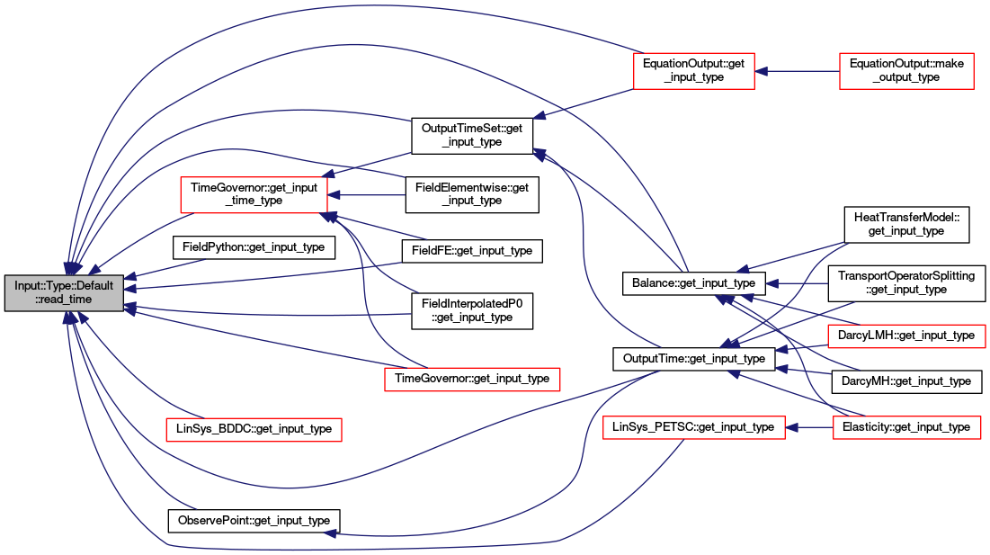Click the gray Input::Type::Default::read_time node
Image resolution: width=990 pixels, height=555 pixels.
tap(64, 292)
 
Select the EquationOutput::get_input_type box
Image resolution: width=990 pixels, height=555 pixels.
tap(693, 71)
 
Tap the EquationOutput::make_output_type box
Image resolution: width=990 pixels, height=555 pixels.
tap(906, 71)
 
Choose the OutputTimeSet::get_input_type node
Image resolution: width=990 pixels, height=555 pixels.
tap(472, 135)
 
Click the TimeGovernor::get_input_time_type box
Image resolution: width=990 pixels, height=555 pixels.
tap(254, 194)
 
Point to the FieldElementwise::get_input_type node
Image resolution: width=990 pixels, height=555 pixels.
tap(472, 194)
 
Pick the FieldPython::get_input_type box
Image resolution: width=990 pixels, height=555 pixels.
tap(254, 246)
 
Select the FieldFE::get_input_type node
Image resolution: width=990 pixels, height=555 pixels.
tap(472, 251)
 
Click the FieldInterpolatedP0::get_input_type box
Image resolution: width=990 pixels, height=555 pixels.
tap(472, 310)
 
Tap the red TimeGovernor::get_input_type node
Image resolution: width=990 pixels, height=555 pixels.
tap(472, 379)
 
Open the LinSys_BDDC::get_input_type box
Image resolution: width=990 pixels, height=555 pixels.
tap(254, 429)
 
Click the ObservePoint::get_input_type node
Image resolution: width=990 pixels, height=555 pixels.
tap(254, 521)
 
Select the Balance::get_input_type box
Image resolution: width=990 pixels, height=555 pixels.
tap(693, 283)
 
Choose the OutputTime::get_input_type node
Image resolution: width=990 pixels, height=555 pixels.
tap(693, 359)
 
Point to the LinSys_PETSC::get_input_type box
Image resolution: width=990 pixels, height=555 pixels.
tap(693, 427)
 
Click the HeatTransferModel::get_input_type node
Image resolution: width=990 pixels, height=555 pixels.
tap(906, 224)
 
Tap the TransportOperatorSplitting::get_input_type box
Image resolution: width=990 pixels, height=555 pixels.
tap(906, 282)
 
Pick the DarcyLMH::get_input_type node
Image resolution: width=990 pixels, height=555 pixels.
tap(906, 336)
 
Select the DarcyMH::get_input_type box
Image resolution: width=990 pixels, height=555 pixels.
tap(906, 381)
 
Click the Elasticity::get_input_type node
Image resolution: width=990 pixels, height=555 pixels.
tap(906, 427)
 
